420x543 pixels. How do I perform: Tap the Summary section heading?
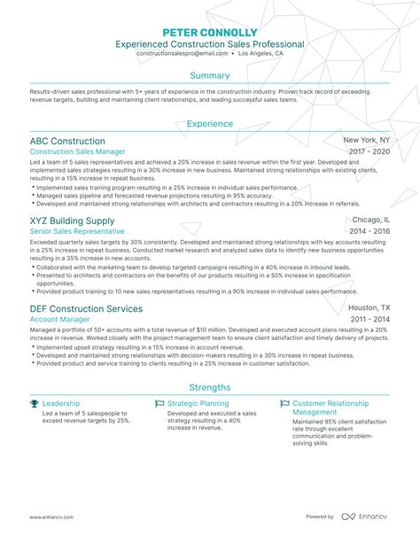coord(210,75)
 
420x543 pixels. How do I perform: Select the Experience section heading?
coord(210,125)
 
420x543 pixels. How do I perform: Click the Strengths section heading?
coord(210,387)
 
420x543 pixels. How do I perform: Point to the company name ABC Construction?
coord(67,141)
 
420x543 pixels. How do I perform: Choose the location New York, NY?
coord(367,141)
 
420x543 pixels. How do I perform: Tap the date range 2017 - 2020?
coord(369,152)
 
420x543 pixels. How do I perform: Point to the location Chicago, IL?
coord(371,220)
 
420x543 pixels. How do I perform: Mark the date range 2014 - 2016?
coord(369,231)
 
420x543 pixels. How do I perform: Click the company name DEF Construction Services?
coord(86,309)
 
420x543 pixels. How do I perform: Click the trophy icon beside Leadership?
coord(35,403)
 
